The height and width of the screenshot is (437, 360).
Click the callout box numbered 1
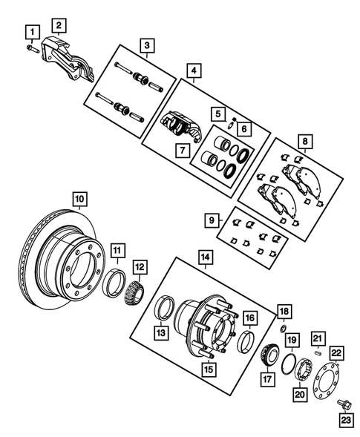point(30,31)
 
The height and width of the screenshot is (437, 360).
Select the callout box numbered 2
point(58,24)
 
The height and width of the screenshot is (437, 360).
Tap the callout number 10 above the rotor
point(79,199)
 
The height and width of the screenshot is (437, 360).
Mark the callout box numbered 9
point(212,220)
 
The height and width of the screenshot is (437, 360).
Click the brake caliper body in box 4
point(178,125)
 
